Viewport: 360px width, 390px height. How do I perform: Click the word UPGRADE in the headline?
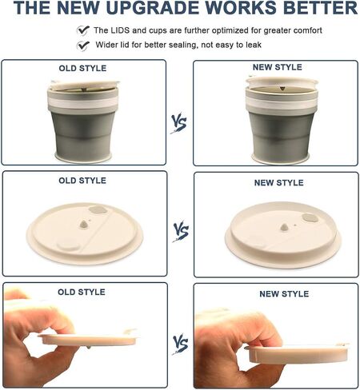(x=154, y=8)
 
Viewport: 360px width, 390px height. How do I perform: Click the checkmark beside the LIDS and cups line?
(x=83, y=30)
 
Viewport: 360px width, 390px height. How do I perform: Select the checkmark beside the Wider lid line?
(x=83, y=46)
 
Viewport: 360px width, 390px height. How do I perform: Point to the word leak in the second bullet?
(x=254, y=45)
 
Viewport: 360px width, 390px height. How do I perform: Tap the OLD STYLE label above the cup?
(x=82, y=68)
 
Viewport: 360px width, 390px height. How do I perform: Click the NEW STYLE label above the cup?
(x=278, y=67)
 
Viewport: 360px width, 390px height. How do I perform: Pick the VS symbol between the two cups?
(x=179, y=122)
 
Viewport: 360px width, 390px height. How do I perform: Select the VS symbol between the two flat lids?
(x=181, y=231)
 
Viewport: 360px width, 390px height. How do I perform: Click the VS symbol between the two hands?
(x=181, y=344)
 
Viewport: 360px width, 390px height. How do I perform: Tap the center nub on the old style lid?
(x=84, y=225)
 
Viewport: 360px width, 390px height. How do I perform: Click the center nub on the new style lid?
(x=284, y=227)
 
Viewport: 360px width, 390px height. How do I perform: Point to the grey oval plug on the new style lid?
(x=310, y=218)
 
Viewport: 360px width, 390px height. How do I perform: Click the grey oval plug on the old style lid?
(x=98, y=209)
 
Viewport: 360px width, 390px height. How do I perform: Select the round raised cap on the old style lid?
(x=68, y=245)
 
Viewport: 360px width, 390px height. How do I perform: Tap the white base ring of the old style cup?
(x=83, y=157)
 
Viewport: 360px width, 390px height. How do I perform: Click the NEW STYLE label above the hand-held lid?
(x=284, y=294)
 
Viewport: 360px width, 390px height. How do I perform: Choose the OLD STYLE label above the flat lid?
(x=82, y=181)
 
